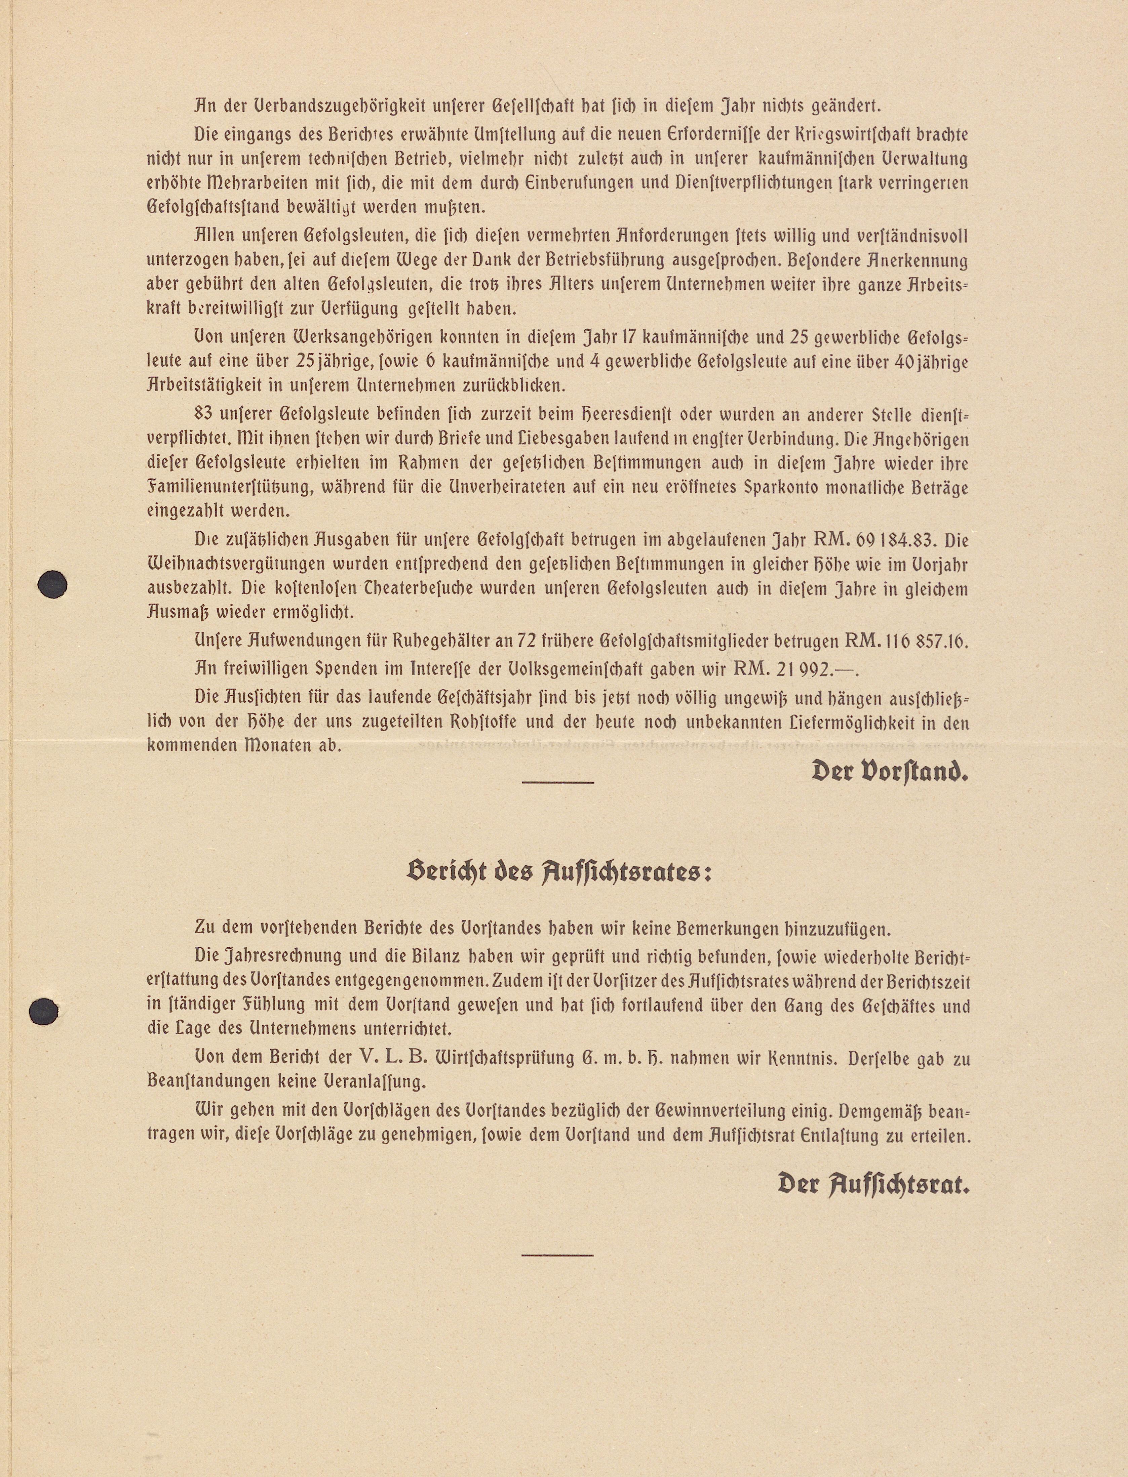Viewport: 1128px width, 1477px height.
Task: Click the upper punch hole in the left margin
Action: (x=53, y=584)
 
